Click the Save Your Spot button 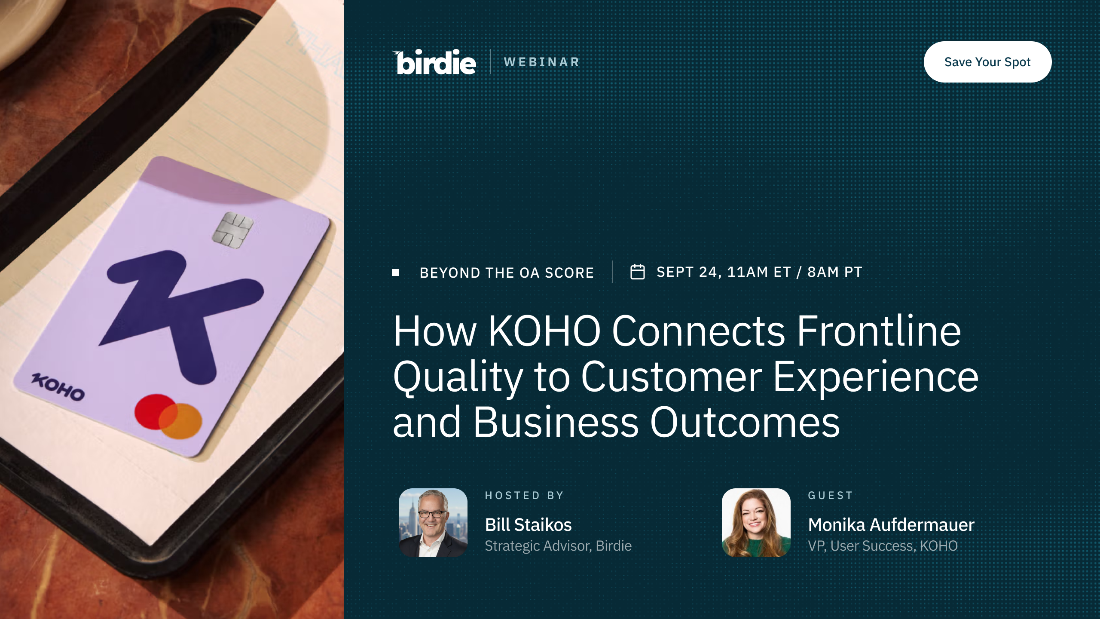[987, 62]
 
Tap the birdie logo [434, 62]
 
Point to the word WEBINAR [541, 62]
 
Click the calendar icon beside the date [637, 272]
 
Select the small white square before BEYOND [395, 273]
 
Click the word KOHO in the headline [544, 331]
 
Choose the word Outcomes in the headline [745, 423]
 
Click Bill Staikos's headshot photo [433, 523]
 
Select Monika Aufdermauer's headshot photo [756, 523]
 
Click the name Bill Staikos [528, 525]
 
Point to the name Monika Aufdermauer [891, 525]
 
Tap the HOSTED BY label [524, 496]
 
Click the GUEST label [830, 496]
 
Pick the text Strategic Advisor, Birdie [558, 546]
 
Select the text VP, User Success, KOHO [883, 546]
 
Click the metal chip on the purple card [233, 230]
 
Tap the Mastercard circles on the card [168, 417]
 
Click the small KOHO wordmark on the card [58, 387]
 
